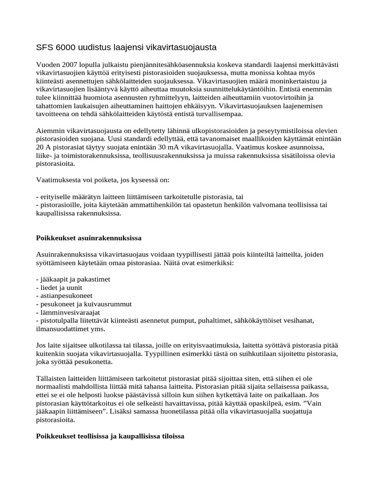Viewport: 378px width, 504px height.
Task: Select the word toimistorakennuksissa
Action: (92, 156)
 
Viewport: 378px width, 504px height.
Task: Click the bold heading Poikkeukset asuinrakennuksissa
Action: (89, 238)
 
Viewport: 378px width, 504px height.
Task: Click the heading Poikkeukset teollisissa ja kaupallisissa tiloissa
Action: (110, 436)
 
